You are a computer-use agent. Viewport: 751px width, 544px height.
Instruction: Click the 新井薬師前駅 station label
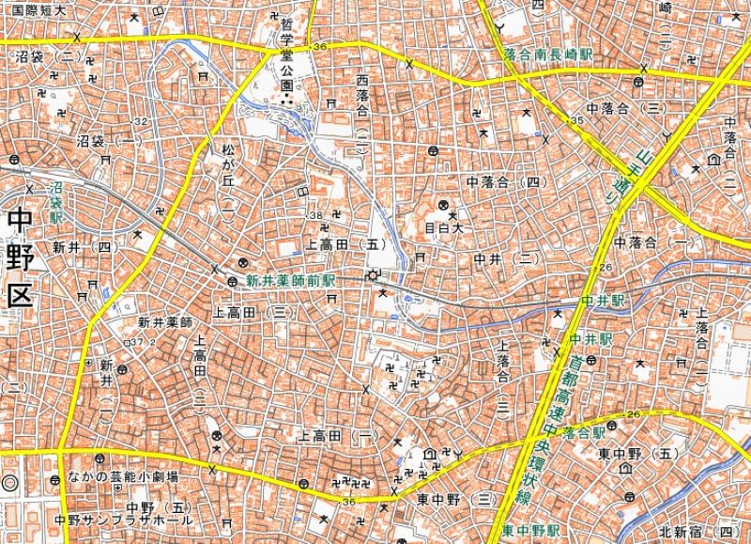(290, 281)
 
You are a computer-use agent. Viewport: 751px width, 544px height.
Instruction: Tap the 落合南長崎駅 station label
(548, 55)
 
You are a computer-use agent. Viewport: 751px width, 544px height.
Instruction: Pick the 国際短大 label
(38, 11)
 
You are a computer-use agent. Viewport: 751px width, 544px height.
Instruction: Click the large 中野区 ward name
(19, 257)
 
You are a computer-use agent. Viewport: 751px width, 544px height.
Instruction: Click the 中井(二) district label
(505, 258)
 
